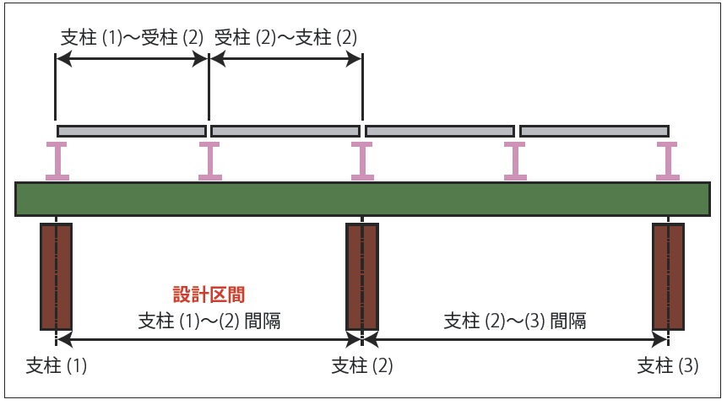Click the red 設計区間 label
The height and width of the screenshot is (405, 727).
coord(208,294)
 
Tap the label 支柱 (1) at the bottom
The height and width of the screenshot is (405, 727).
coord(57,366)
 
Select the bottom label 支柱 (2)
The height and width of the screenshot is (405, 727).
coord(362,366)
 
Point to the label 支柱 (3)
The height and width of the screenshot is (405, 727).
coord(669,366)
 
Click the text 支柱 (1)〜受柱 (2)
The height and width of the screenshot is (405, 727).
coord(133,38)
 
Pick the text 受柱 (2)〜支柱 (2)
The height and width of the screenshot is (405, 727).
coord(286,38)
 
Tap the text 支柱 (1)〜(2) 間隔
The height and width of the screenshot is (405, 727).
coord(209,321)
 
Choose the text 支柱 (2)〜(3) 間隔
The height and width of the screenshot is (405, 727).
coord(515,321)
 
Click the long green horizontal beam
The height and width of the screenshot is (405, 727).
coord(362,198)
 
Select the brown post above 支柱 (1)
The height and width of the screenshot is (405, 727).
coord(56,276)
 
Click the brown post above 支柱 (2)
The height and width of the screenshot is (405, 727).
coord(362,276)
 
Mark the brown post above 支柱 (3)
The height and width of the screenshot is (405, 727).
coord(669,276)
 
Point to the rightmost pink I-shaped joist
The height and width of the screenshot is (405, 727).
coord(669,160)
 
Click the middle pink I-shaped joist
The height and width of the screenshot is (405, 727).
coord(362,160)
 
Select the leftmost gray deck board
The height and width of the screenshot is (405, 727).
coord(132,131)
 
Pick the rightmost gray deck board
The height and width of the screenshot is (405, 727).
coord(594,131)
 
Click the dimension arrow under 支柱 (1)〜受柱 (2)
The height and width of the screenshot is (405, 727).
coord(132,59)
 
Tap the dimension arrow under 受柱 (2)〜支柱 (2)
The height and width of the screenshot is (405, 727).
coord(285,59)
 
